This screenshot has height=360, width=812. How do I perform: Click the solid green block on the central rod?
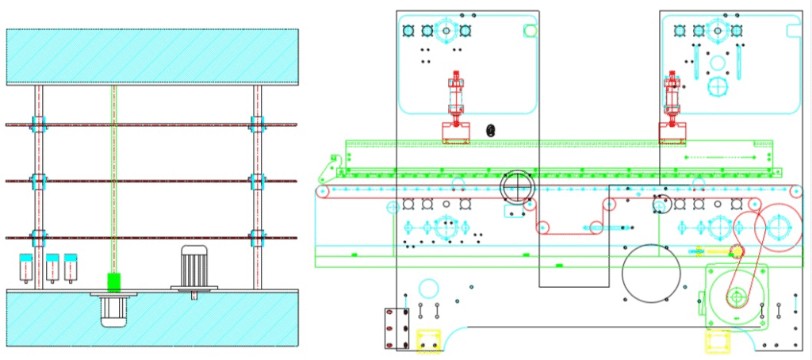(113, 281)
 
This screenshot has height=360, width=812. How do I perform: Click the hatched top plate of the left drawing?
(152, 56)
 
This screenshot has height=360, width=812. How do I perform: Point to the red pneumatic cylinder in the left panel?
(455, 99)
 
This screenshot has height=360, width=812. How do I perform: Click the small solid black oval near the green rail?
(490, 130)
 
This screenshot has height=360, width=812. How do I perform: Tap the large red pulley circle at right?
(768, 226)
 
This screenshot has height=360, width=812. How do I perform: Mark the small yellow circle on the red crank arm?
(735, 251)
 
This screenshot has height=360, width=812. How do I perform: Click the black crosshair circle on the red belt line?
(518, 188)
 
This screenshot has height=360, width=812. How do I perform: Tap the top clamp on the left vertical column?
(38, 124)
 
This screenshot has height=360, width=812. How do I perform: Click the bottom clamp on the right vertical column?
(256, 237)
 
